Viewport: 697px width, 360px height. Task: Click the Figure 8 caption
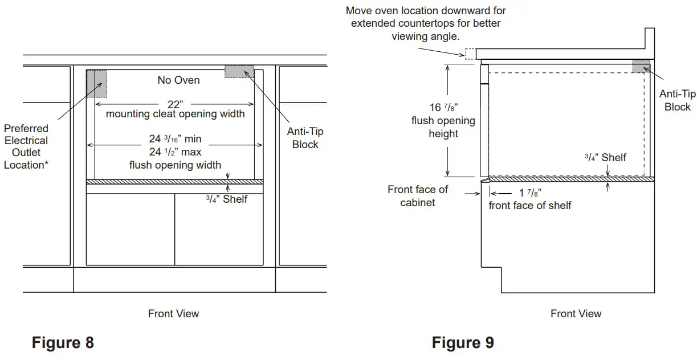tap(63, 343)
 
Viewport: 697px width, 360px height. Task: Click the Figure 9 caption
tap(463, 343)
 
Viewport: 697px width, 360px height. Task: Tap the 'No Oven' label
tap(178, 80)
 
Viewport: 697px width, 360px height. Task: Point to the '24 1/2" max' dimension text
tap(175, 152)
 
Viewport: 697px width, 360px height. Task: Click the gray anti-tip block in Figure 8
tap(239, 71)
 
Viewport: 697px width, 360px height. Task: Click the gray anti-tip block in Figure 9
tap(641, 66)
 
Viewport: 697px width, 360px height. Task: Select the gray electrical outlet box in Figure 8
tap(96, 83)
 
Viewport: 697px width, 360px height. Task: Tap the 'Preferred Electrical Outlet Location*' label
tap(26, 146)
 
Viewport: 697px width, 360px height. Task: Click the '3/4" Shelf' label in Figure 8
tap(226, 199)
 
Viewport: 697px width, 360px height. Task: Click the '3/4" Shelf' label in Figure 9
tap(605, 157)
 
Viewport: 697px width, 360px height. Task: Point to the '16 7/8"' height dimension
tap(443, 107)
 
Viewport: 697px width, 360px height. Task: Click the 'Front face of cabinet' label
tap(418, 195)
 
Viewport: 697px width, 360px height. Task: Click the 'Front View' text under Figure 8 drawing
tap(173, 313)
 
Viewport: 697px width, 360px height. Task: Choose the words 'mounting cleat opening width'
tap(176, 114)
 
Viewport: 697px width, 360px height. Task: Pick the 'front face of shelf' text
tap(530, 206)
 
